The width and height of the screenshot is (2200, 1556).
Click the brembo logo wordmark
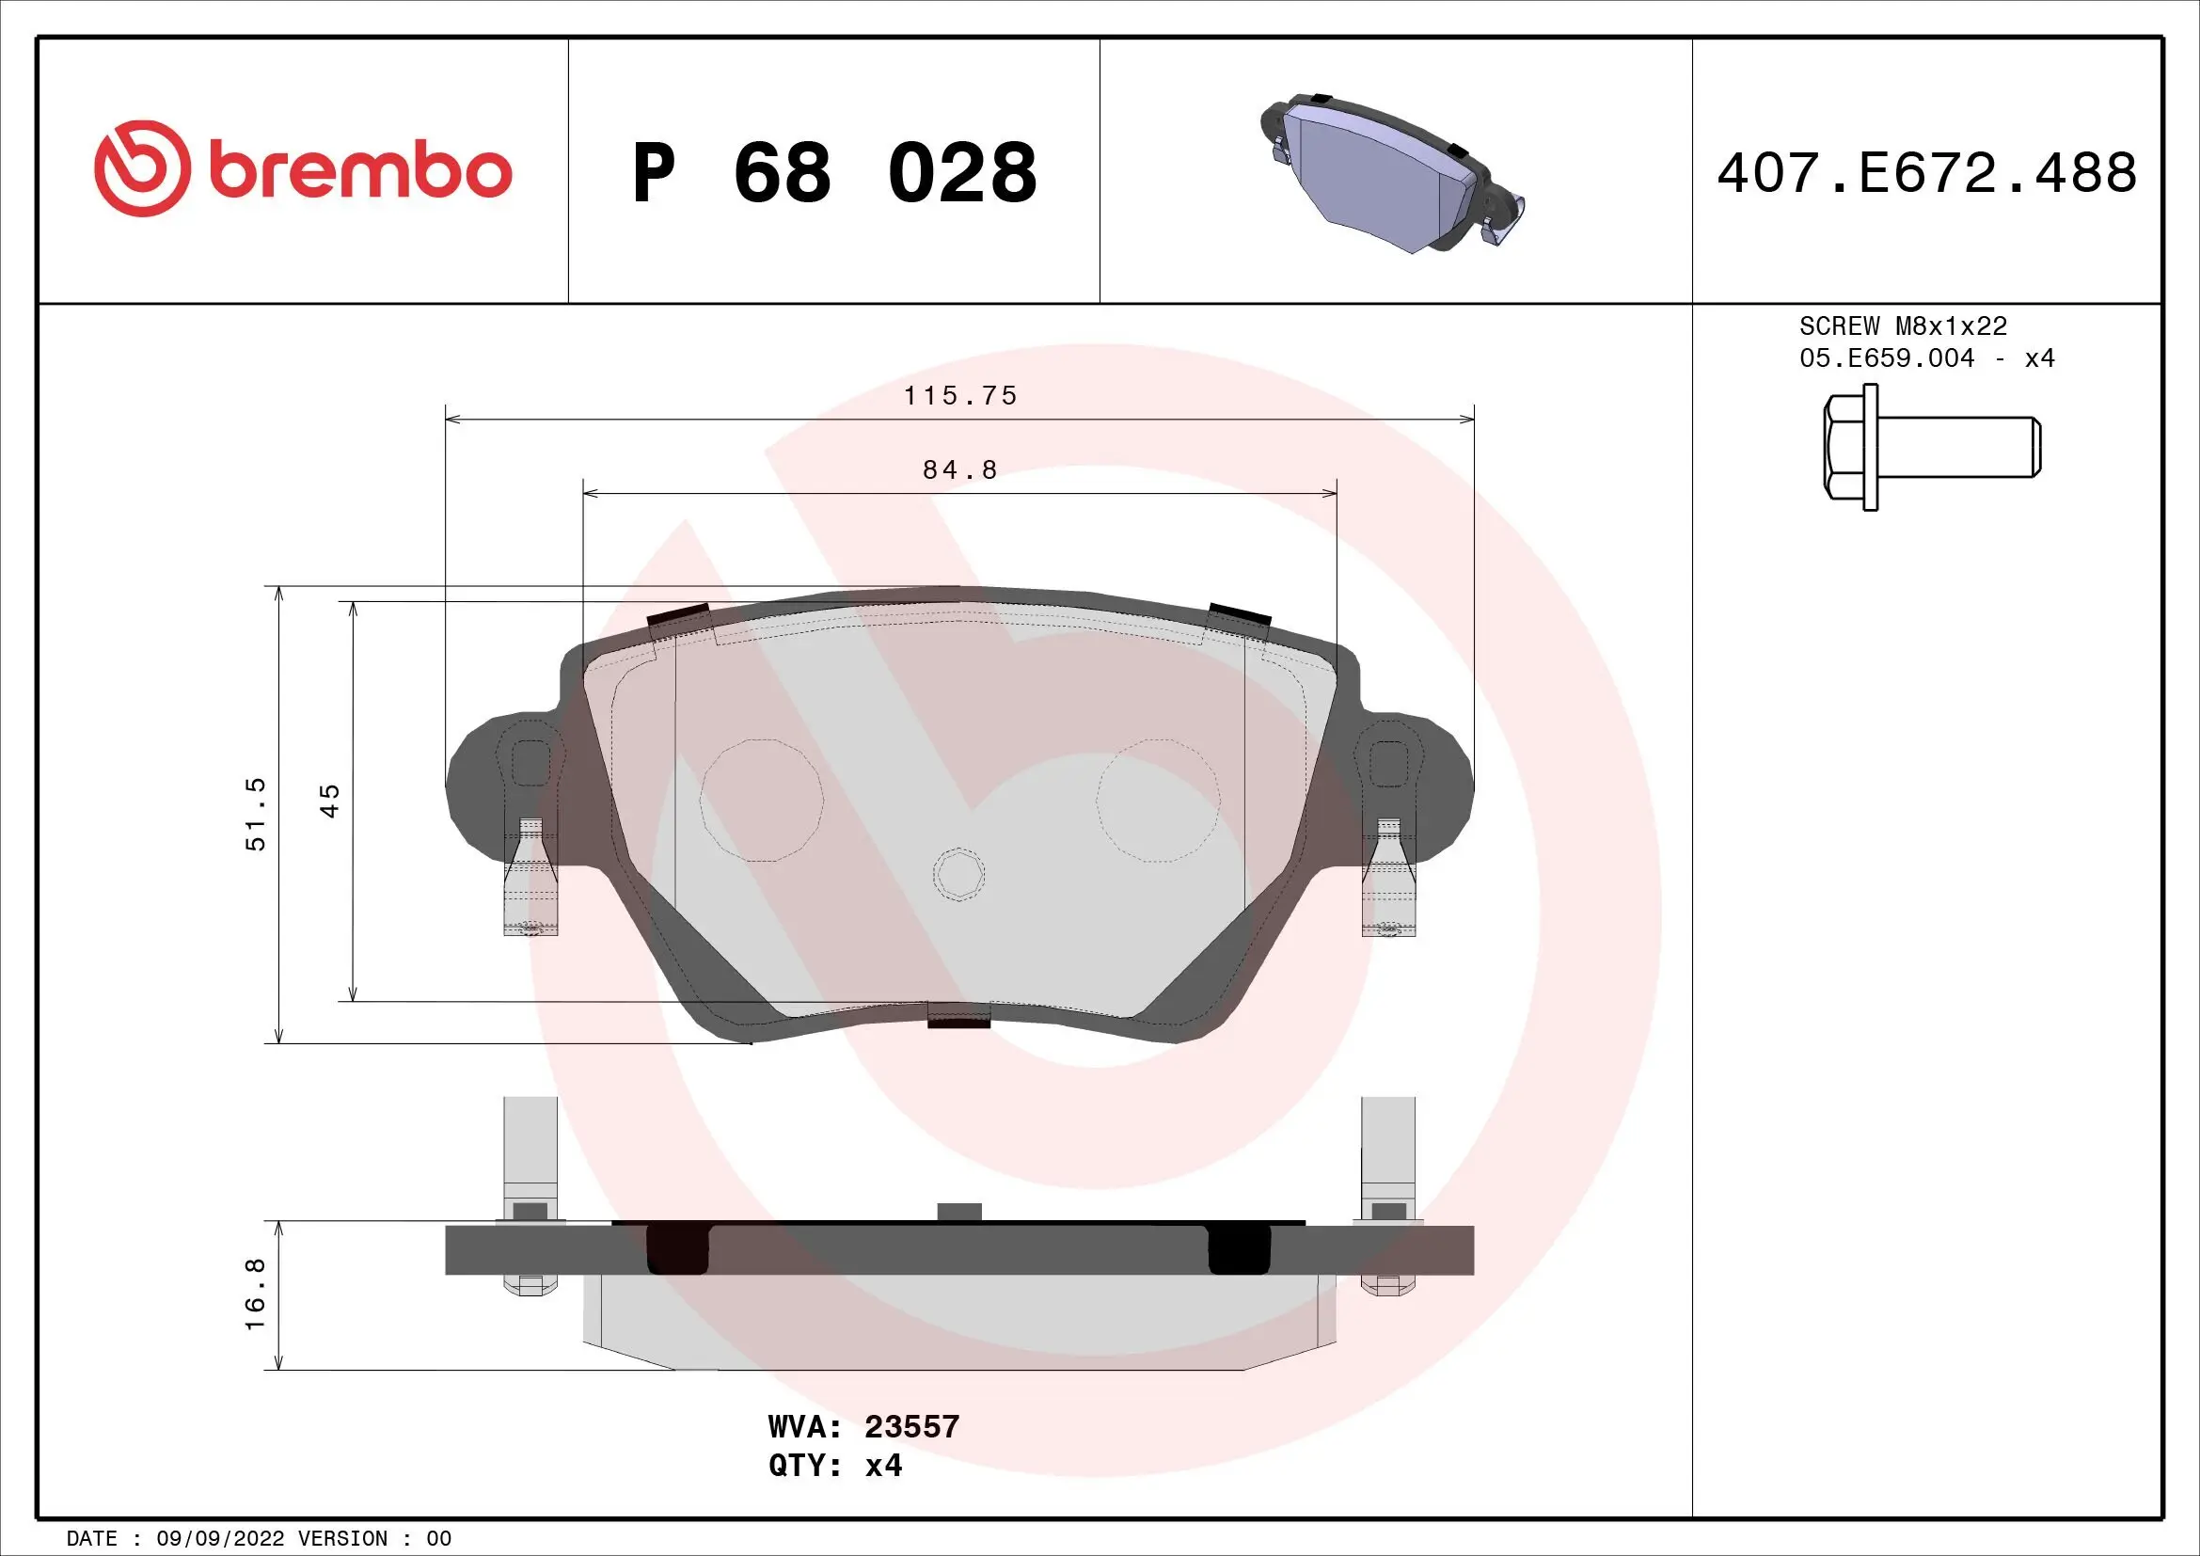pyautogui.click(x=359, y=171)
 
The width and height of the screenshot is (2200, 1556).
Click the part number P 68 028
pyautogui.click(x=833, y=173)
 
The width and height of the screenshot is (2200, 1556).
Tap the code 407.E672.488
pyautogui.click(x=1926, y=173)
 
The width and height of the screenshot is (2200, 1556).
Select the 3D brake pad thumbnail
pyautogui.click(x=1390, y=173)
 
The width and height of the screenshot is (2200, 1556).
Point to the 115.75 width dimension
pyautogui.click(x=960, y=396)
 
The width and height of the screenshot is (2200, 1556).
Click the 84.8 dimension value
pyautogui.click(x=960, y=470)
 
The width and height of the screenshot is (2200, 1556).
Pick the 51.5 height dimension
pyautogui.click(x=256, y=814)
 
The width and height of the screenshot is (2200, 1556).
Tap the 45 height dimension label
pyautogui.click(x=329, y=800)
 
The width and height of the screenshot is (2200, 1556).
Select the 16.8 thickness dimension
pyautogui.click(x=256, y=1294)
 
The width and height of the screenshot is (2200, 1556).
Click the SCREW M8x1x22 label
pyautogui.click(x=1902, y=326)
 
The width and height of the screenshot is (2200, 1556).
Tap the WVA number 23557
pyautogui.click(x=911, y=1427)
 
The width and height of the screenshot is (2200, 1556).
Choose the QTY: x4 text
pyautogui.click(x=834, y=1466)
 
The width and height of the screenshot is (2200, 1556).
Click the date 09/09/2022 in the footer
pyautogui.click(x=220, y=1539)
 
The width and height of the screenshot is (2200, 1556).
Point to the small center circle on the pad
pyautogui.click(x=958, y=874)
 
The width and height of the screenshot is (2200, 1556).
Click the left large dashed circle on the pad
pyautogui.click(x=761, y=800)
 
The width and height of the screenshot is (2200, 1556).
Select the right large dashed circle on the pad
pyautogui.click(x=1158, y=800)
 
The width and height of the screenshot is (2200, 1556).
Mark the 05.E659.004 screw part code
pyautogui.click(x=1887, y=358)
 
